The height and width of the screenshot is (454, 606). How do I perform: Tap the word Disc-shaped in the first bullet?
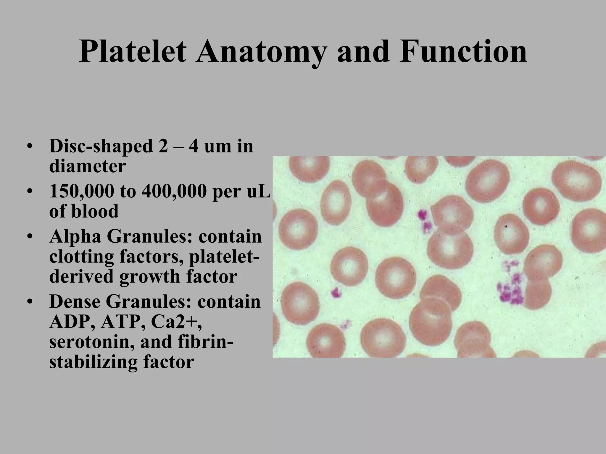coord(100,146)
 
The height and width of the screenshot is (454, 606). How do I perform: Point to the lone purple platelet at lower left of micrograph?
coord(336,293)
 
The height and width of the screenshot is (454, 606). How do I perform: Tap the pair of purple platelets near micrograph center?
coord(424,220)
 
